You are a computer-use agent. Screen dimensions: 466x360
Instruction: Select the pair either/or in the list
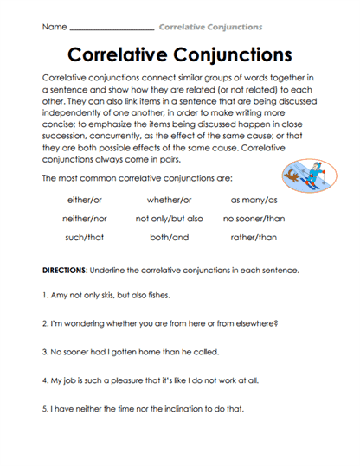83,200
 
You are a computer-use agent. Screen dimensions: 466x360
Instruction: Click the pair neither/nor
83,219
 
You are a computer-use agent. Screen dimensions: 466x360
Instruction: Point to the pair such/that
83,238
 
